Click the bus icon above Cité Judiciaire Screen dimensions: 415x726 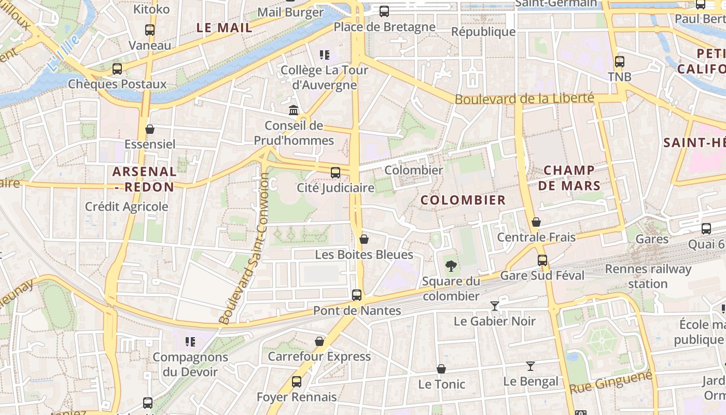click(336, 173)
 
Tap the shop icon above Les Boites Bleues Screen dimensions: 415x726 click(364, 239)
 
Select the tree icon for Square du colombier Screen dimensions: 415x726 click(451, 266)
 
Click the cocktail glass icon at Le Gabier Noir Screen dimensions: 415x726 click(495, 306)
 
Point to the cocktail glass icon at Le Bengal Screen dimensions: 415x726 click(530, 366)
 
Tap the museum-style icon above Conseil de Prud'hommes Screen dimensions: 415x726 click(294, 110)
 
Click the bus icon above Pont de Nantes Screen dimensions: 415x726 click(357, 295)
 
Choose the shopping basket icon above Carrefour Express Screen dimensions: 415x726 click(319, 341)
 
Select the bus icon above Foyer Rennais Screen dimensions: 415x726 click(297, 382)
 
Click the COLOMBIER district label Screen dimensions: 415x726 click(463, 200)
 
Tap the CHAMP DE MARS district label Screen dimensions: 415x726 click(569, 178)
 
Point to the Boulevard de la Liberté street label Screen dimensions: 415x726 click(524, 98)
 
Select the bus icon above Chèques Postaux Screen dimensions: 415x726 click(117, 68)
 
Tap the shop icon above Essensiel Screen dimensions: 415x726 click(150, 129)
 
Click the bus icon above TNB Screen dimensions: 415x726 click(619, 62)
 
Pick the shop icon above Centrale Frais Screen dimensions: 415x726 click(536, 223)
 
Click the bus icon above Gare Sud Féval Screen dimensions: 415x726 click(542, 260)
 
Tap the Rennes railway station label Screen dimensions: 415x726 click(648, 276)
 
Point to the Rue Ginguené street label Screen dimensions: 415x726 click(610, 383)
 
